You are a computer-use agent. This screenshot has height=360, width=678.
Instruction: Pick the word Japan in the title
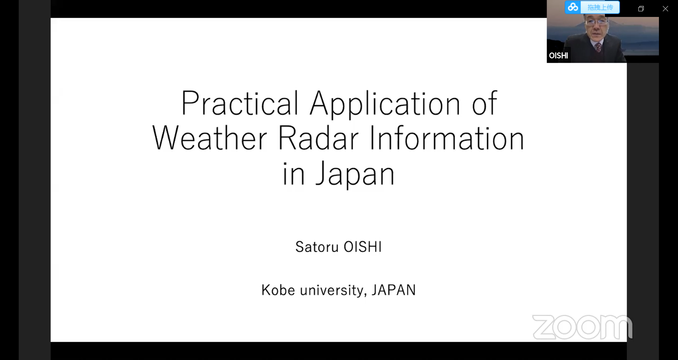(355, 174)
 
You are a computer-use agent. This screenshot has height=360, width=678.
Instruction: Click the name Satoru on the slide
(317, 247)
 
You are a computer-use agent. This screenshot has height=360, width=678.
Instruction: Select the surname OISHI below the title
(363, 247)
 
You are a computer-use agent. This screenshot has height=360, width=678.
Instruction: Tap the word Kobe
(278, 290)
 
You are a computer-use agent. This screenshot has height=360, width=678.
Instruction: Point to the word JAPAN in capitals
(393, 290)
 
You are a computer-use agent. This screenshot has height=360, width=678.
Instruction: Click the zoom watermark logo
(582, 327)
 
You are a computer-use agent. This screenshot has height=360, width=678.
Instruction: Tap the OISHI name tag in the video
(558, 55)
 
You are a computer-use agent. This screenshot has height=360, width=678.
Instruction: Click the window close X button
(665, 9)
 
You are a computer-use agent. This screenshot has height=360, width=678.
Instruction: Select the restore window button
(641, 9)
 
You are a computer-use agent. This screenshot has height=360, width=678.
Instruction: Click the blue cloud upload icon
(573, 7)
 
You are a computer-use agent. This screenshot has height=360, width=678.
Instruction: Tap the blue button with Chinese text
(600, 7)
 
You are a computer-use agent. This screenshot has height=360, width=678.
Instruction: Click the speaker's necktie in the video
(597, 47)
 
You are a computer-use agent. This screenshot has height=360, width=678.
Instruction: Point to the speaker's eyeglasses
(596, 22)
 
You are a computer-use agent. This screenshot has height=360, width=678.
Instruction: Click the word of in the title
(484, 103)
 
